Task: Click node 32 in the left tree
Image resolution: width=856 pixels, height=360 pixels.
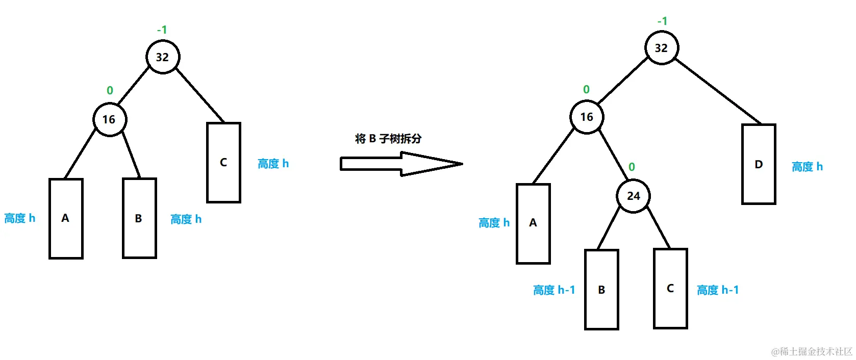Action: pos(163,57)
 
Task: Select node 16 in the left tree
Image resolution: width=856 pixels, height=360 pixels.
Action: pos(109,119)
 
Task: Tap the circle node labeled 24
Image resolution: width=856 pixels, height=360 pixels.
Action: pos(633,196)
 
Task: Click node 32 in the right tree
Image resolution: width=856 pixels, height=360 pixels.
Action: pos(661,48)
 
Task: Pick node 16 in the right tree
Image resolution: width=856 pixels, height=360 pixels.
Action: pos(587,117)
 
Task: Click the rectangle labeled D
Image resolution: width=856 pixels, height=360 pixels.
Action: pos(759,164)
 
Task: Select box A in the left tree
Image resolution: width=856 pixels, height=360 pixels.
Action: pos(66,218)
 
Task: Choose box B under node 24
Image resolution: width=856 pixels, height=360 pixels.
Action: pos(601,290)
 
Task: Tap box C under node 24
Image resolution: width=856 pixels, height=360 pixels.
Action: pos(670,289)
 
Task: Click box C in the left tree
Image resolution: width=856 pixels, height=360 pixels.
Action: pos(223,162)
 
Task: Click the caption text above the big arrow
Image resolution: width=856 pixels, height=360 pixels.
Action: pos(388,139)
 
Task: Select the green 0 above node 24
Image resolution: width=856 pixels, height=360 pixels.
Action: pos(632,167)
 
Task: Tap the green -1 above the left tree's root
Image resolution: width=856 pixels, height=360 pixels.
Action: pos(162,30)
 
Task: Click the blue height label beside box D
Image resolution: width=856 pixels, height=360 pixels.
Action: pos(807,167)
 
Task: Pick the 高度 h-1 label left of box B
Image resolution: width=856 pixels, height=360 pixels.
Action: pos(554,290)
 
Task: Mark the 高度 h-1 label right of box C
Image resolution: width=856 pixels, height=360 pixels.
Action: pos(718,290)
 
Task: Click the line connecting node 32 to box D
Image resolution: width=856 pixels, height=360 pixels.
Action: pos(717,91)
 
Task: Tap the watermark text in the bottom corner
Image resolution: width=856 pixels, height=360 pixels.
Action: pos(812,351)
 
